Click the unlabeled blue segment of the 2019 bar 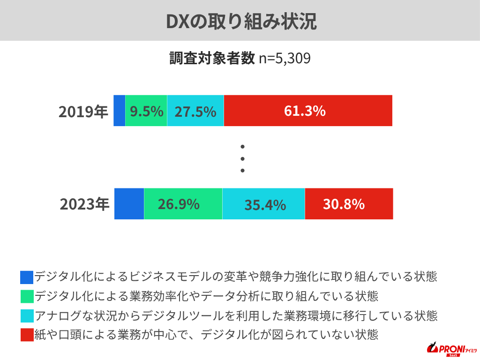[x=120, y=111]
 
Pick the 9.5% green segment [x=146, y=111]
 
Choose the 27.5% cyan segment [x=195, y=111]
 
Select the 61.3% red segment [x=308, y=111]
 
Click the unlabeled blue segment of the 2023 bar [x=129, y=204]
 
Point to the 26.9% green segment [x=183, y=204]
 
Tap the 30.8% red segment [x=349, y=204]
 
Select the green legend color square [x=27, y=297]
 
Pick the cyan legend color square [x=27, y=316]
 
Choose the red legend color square [x=27, y=335]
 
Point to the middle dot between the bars [x=243, y=158]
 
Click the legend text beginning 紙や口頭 [x=206, y=335]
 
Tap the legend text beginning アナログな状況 [x=236, y=316]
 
